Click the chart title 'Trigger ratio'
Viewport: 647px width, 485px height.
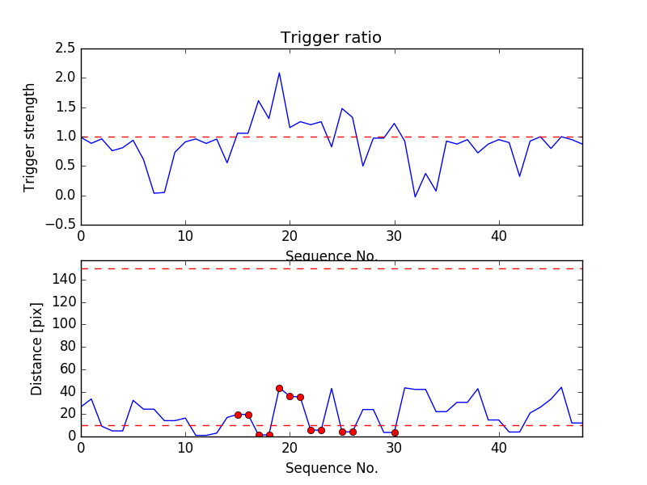click(331, 38)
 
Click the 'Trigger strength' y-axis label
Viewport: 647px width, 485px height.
click(30, 137)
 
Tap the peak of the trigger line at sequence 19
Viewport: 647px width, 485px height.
click(279, 73)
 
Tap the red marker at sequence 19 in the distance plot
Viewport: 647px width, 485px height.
click(279, 388)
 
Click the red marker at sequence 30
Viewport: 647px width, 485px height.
click(395, 432)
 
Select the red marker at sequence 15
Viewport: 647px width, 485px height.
click(238, 415)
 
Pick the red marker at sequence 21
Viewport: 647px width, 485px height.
click(300, 397)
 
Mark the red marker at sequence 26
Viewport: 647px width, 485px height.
click(353, 432)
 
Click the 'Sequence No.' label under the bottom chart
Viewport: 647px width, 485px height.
click(331, 468)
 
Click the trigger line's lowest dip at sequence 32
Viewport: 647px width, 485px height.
click(415, 196)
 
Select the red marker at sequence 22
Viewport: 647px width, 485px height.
click(311, 430)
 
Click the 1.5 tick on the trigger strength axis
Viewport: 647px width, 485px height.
click(66, 108)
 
